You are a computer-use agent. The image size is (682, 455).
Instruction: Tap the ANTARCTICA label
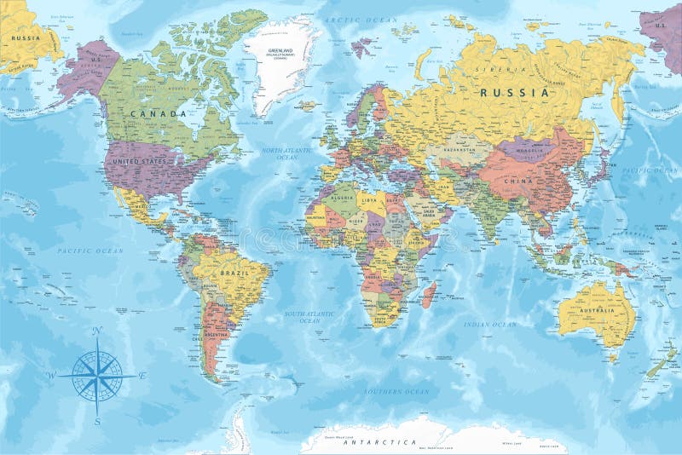tap(380, 443)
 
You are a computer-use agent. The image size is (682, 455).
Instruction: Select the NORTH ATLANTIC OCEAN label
tap(280, 153)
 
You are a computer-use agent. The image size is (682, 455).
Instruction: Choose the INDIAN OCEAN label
tap(490, 325)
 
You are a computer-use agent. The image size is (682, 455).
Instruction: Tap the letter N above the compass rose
tap(97, 331)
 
